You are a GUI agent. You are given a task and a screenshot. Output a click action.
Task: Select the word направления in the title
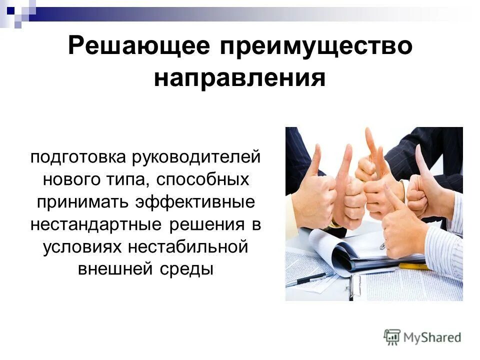pos(239,78)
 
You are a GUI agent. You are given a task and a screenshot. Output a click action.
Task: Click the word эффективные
pos(199,202)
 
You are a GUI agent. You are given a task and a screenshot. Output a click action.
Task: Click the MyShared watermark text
pos(432,337)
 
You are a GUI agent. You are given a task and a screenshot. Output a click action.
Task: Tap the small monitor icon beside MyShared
pos(392,336)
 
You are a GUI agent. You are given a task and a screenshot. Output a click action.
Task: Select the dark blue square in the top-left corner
pos(10,8)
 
